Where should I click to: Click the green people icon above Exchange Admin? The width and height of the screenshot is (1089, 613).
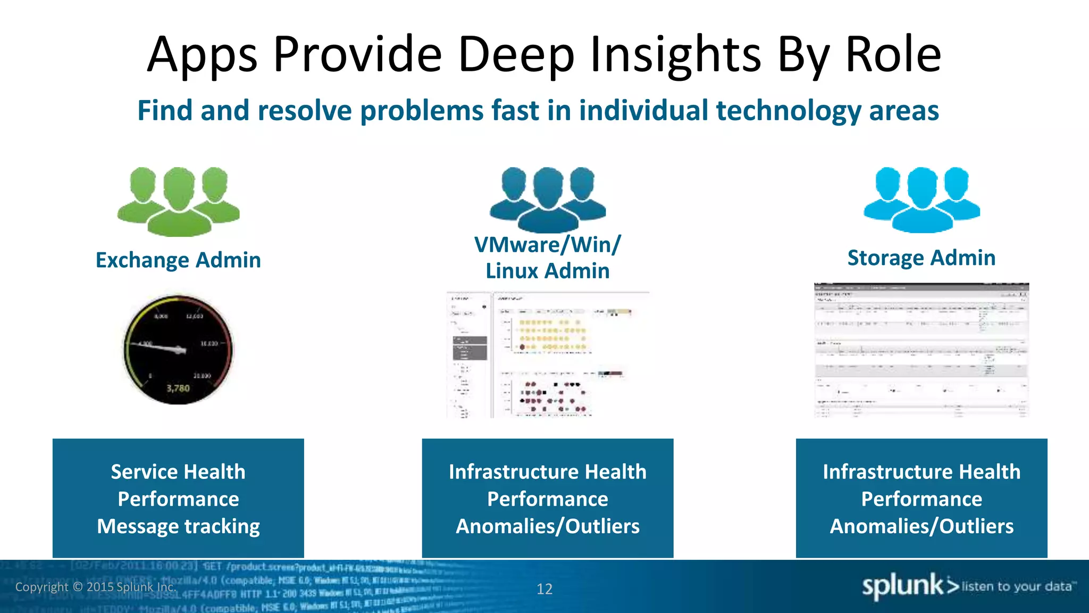point(179,201)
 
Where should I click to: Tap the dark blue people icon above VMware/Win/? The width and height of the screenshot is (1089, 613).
point(548,200)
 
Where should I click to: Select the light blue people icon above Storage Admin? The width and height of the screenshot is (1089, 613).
point(922,200)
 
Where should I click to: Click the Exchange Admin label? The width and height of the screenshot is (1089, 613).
point(178,260)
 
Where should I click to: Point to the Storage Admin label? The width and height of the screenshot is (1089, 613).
point(922,258)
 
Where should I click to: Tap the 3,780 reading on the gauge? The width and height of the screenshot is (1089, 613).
point(178,388)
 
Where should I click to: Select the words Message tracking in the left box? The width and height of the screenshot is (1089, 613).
point(178,526)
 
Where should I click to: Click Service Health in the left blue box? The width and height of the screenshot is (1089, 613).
point(178,472)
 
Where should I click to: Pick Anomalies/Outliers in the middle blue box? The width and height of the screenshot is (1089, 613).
point(548,526)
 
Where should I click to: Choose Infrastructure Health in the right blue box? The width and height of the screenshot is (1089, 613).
point(922,472)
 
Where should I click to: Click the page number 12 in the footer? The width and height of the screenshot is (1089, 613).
point(544,589)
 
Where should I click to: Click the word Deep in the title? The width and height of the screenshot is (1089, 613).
point(516,54)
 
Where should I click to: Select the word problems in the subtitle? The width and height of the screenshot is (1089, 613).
point(422,111)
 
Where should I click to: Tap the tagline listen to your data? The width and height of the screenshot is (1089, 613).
point(1017,586)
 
